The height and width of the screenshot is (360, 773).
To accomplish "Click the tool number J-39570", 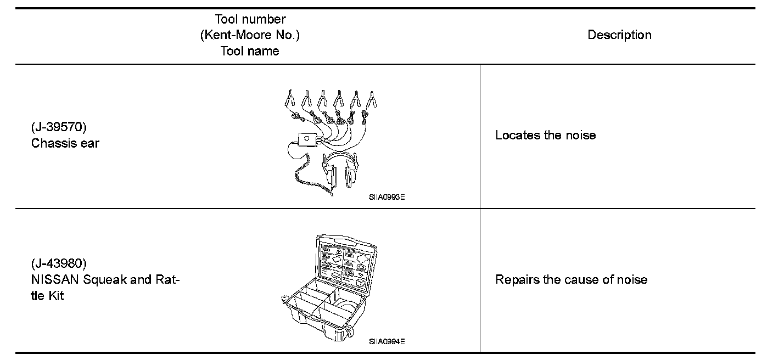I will (59, 127).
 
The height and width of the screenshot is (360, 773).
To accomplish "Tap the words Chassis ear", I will (65, 144).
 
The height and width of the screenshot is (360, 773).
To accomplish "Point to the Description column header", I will (619, 35).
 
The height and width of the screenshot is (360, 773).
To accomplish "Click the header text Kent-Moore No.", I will (250, 35).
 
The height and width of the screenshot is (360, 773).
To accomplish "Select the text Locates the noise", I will (545, 135).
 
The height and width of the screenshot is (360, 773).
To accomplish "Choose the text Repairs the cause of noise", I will (571, 279).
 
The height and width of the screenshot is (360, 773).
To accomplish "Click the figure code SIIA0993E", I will (386, 198).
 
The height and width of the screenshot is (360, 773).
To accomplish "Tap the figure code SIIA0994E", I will (386, 341).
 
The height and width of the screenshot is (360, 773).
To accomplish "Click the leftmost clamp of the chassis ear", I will (290, 99).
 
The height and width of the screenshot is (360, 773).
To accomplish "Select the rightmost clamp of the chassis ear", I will (372, 99).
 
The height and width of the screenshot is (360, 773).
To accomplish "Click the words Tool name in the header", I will (250, 51).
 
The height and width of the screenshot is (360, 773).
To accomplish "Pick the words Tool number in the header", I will (250, 19).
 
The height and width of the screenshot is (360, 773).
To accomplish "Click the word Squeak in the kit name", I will (102, 279).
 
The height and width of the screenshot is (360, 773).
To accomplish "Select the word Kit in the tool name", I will (55, 296).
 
